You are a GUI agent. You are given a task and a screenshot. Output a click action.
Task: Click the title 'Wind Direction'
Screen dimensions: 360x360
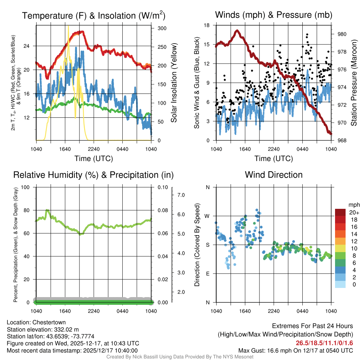pyautogui.click(x=274, y=175)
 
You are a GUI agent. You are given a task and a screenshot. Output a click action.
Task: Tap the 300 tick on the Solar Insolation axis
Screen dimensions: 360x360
pyautogui.click(x=162, y=28)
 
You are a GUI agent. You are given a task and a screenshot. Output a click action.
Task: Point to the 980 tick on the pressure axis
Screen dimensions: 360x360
pyautogui.click(x=342, y=34)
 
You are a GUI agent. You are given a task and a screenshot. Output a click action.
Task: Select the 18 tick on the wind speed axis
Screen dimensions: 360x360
pyautogui.click(x=207, y=25)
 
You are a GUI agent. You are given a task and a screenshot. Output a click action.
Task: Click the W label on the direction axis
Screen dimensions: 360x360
pyautogui.click(x=207, y=216)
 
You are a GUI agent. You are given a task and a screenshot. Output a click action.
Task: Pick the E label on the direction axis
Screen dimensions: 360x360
pyautogui.click(x=207, y=274)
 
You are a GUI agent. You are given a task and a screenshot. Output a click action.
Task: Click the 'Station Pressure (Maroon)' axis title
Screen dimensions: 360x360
pyautogui.click(x=354, y=83)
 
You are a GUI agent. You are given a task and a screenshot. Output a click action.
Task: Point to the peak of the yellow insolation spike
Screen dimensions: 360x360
pyautogui.click(x=68, y=26)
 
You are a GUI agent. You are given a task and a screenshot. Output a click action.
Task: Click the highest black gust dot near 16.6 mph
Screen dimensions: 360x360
pyautogui.click(x=307, y=35)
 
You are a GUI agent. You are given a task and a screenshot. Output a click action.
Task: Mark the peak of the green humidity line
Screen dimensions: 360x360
pyautogui.click(x=47, y=210)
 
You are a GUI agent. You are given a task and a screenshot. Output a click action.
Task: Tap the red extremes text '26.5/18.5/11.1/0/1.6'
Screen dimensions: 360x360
pyautogui.click(x=324, y=343)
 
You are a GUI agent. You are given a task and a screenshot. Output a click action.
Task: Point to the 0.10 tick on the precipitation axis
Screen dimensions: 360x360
pyautogui.click(x=162, y=187)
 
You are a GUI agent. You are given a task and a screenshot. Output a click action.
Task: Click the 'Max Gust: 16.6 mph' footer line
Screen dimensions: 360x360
pyautogui.click(x=295, y=350)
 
